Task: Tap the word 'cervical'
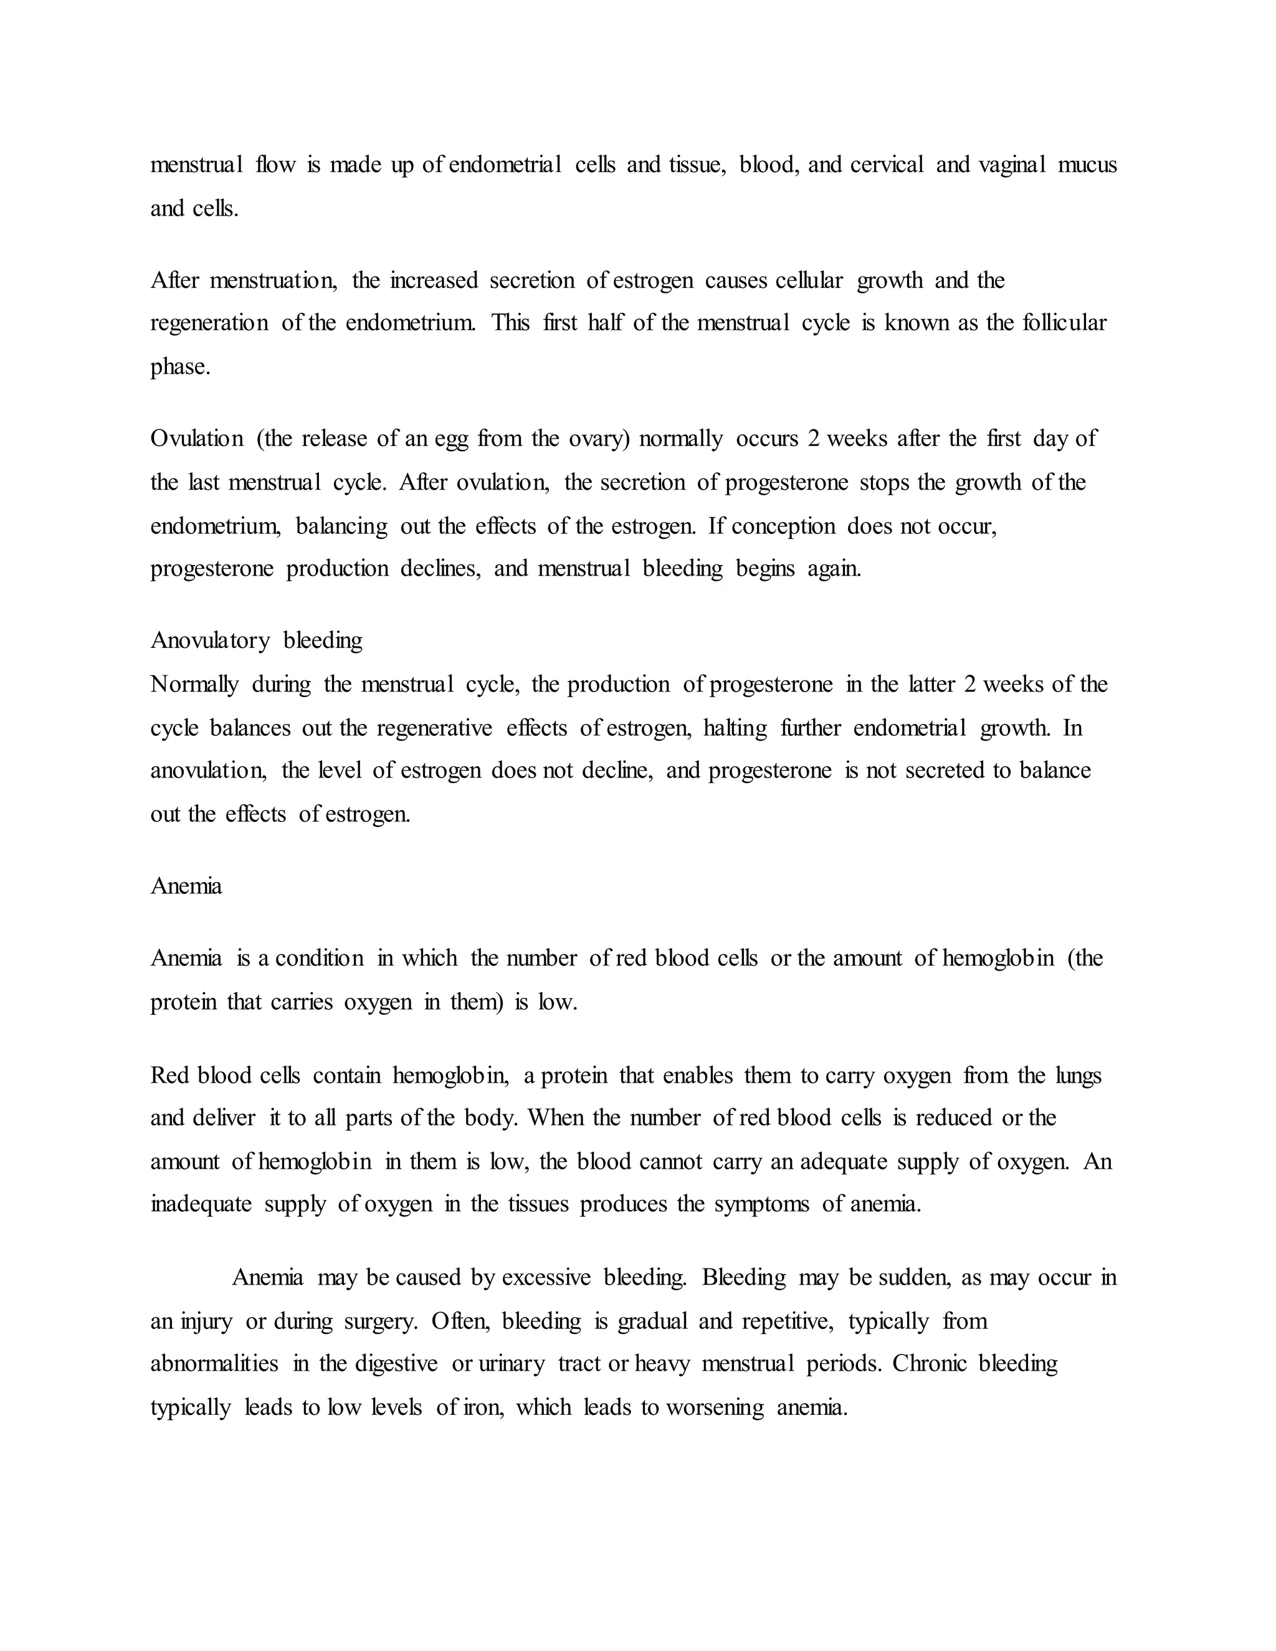point(887,165)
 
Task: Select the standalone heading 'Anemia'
point(186,886)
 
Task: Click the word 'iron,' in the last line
point(482,1407)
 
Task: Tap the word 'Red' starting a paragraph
point(169,1076)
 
